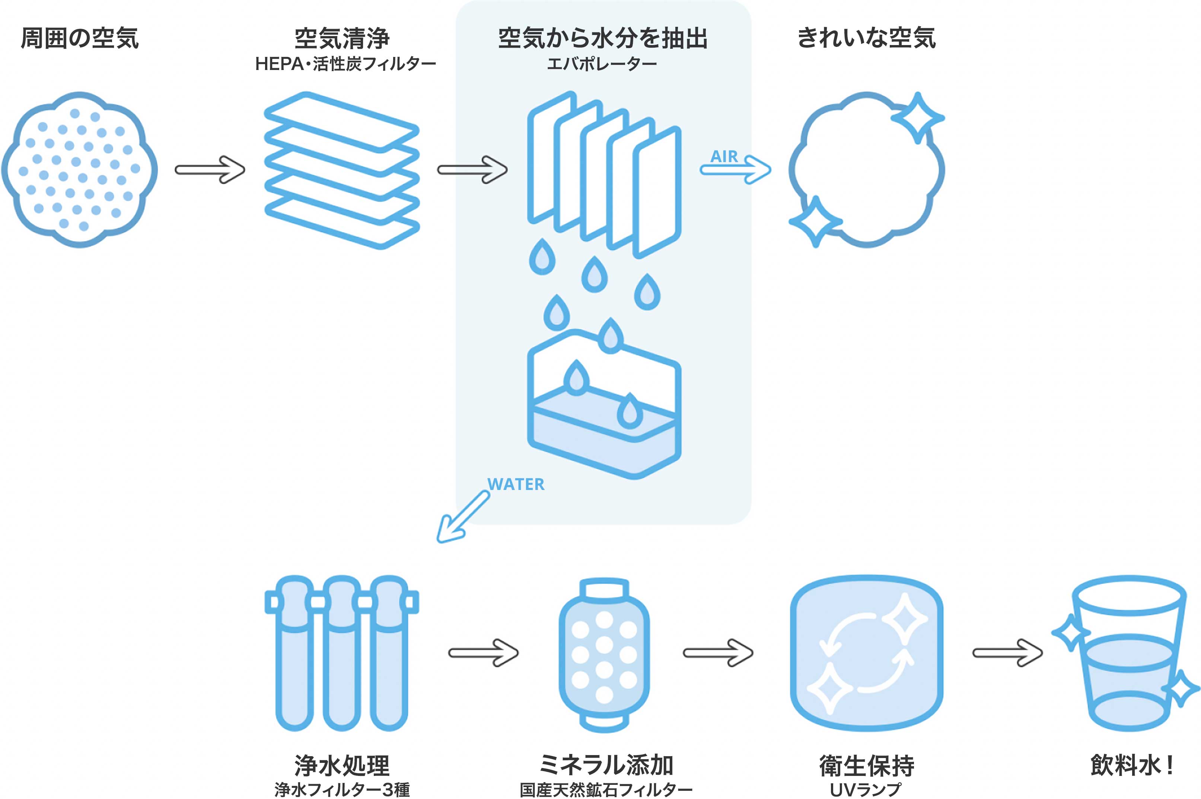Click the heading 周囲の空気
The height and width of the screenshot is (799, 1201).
click(x=80, y=39)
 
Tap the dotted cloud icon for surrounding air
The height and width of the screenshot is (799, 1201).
click(x=80, y=170)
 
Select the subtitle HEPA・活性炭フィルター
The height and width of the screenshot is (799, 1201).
click(x=345, y=64)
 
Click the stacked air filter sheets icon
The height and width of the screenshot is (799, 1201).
click(x=342, y=170)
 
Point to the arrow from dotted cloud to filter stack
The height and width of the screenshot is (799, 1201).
click(x=210, y=170)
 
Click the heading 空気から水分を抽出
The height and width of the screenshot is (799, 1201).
click(x=603, y=39)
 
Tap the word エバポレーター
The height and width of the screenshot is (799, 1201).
click(x=602, y=64)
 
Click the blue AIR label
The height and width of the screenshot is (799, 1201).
click(x=724, y=156)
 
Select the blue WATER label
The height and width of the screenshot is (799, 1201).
click(x=516, y=484)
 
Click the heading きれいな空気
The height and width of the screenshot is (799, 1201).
click(x=866, y=39)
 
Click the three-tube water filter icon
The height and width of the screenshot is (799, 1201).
click(x=341, y=653)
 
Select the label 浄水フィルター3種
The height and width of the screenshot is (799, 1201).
click(x=342, y=789)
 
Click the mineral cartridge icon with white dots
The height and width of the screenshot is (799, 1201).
click(x=604, y=655)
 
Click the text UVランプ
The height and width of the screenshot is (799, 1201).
click(x=865, y=790)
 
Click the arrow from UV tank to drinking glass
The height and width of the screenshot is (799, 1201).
click(x=1007, y=653)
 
